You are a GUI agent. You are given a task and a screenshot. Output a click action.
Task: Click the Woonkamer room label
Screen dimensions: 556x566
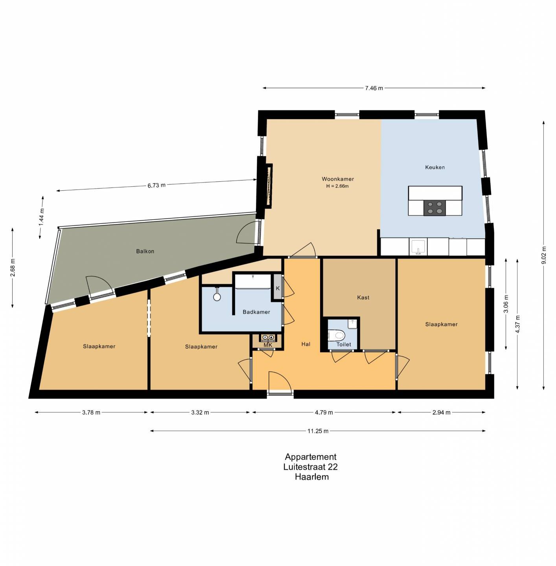[x=338, y=179]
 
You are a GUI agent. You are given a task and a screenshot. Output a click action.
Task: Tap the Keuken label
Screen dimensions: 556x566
[x=435, y=167]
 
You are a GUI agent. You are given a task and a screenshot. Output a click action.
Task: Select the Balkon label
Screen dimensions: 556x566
[x=145, y=251]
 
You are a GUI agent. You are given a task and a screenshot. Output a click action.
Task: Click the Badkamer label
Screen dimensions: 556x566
[x=256, y=312]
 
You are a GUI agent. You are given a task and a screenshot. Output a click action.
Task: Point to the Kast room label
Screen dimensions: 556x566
[x=363, y=298]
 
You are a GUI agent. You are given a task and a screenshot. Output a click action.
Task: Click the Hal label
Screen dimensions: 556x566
[x=306, y=344]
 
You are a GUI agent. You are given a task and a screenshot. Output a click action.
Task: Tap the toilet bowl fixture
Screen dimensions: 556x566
[x=337, y=335]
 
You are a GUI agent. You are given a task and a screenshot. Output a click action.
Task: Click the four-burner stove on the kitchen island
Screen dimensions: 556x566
[x=434, y=208]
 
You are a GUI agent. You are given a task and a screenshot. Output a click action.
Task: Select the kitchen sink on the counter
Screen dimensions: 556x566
[x=418, y=247]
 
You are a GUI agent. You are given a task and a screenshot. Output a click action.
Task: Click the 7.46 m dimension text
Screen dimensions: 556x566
[x=374, y=88]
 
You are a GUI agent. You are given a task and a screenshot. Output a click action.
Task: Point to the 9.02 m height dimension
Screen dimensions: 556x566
[x=544, y=255]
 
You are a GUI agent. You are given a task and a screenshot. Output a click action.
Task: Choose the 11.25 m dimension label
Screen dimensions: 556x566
[x=318, y=431]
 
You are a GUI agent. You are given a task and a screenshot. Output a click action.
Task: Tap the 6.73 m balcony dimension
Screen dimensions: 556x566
[x=156, y=186]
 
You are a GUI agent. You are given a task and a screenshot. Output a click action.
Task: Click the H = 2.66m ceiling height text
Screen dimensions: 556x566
[x=337, y=186]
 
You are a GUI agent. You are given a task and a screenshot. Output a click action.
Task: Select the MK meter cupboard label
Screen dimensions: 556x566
[x=268, y=345]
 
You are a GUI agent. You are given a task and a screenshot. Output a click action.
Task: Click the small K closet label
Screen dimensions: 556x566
[x=278, y=289]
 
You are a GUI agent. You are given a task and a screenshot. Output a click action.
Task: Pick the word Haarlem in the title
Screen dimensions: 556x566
[x=312, y=477]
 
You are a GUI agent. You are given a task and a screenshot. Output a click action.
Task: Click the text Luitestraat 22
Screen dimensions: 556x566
[x=310, y=467]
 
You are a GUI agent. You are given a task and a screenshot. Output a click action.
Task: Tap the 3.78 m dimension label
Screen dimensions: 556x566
[x=91, y=412]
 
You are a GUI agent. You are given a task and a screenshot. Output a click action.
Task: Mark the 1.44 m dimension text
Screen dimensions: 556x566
[x=42, y=217]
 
